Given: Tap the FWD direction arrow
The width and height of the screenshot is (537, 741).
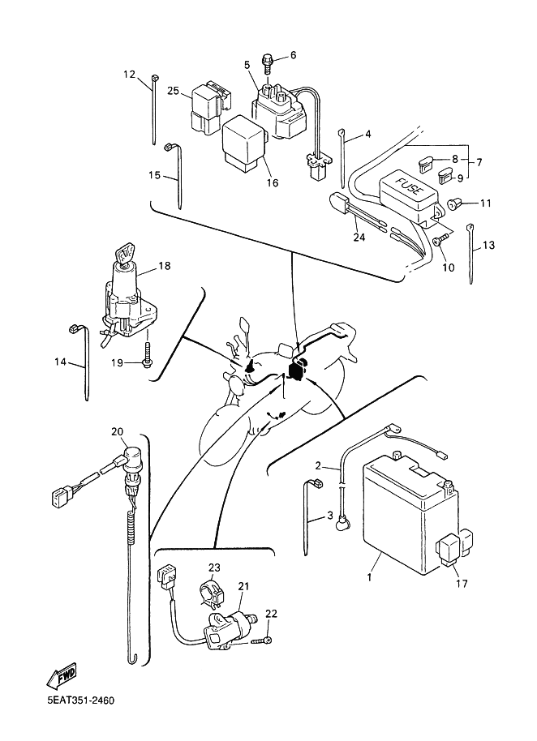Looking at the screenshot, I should [x=61, y=675].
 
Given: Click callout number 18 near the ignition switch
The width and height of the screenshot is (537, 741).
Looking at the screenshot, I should [x=165, y=266].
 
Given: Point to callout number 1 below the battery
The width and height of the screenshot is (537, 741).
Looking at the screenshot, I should [x=369, y=578].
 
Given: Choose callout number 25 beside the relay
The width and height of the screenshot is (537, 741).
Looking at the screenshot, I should [x=172, y=91].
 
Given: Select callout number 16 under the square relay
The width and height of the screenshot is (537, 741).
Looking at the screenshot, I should [x=272, y=183].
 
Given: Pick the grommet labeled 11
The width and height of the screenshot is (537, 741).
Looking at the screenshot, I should [x=456, y=203].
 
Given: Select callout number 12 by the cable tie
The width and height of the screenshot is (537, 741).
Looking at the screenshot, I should [x=130, y=75].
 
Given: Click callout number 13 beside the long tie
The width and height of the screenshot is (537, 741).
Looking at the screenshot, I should [x=488, y=245].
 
